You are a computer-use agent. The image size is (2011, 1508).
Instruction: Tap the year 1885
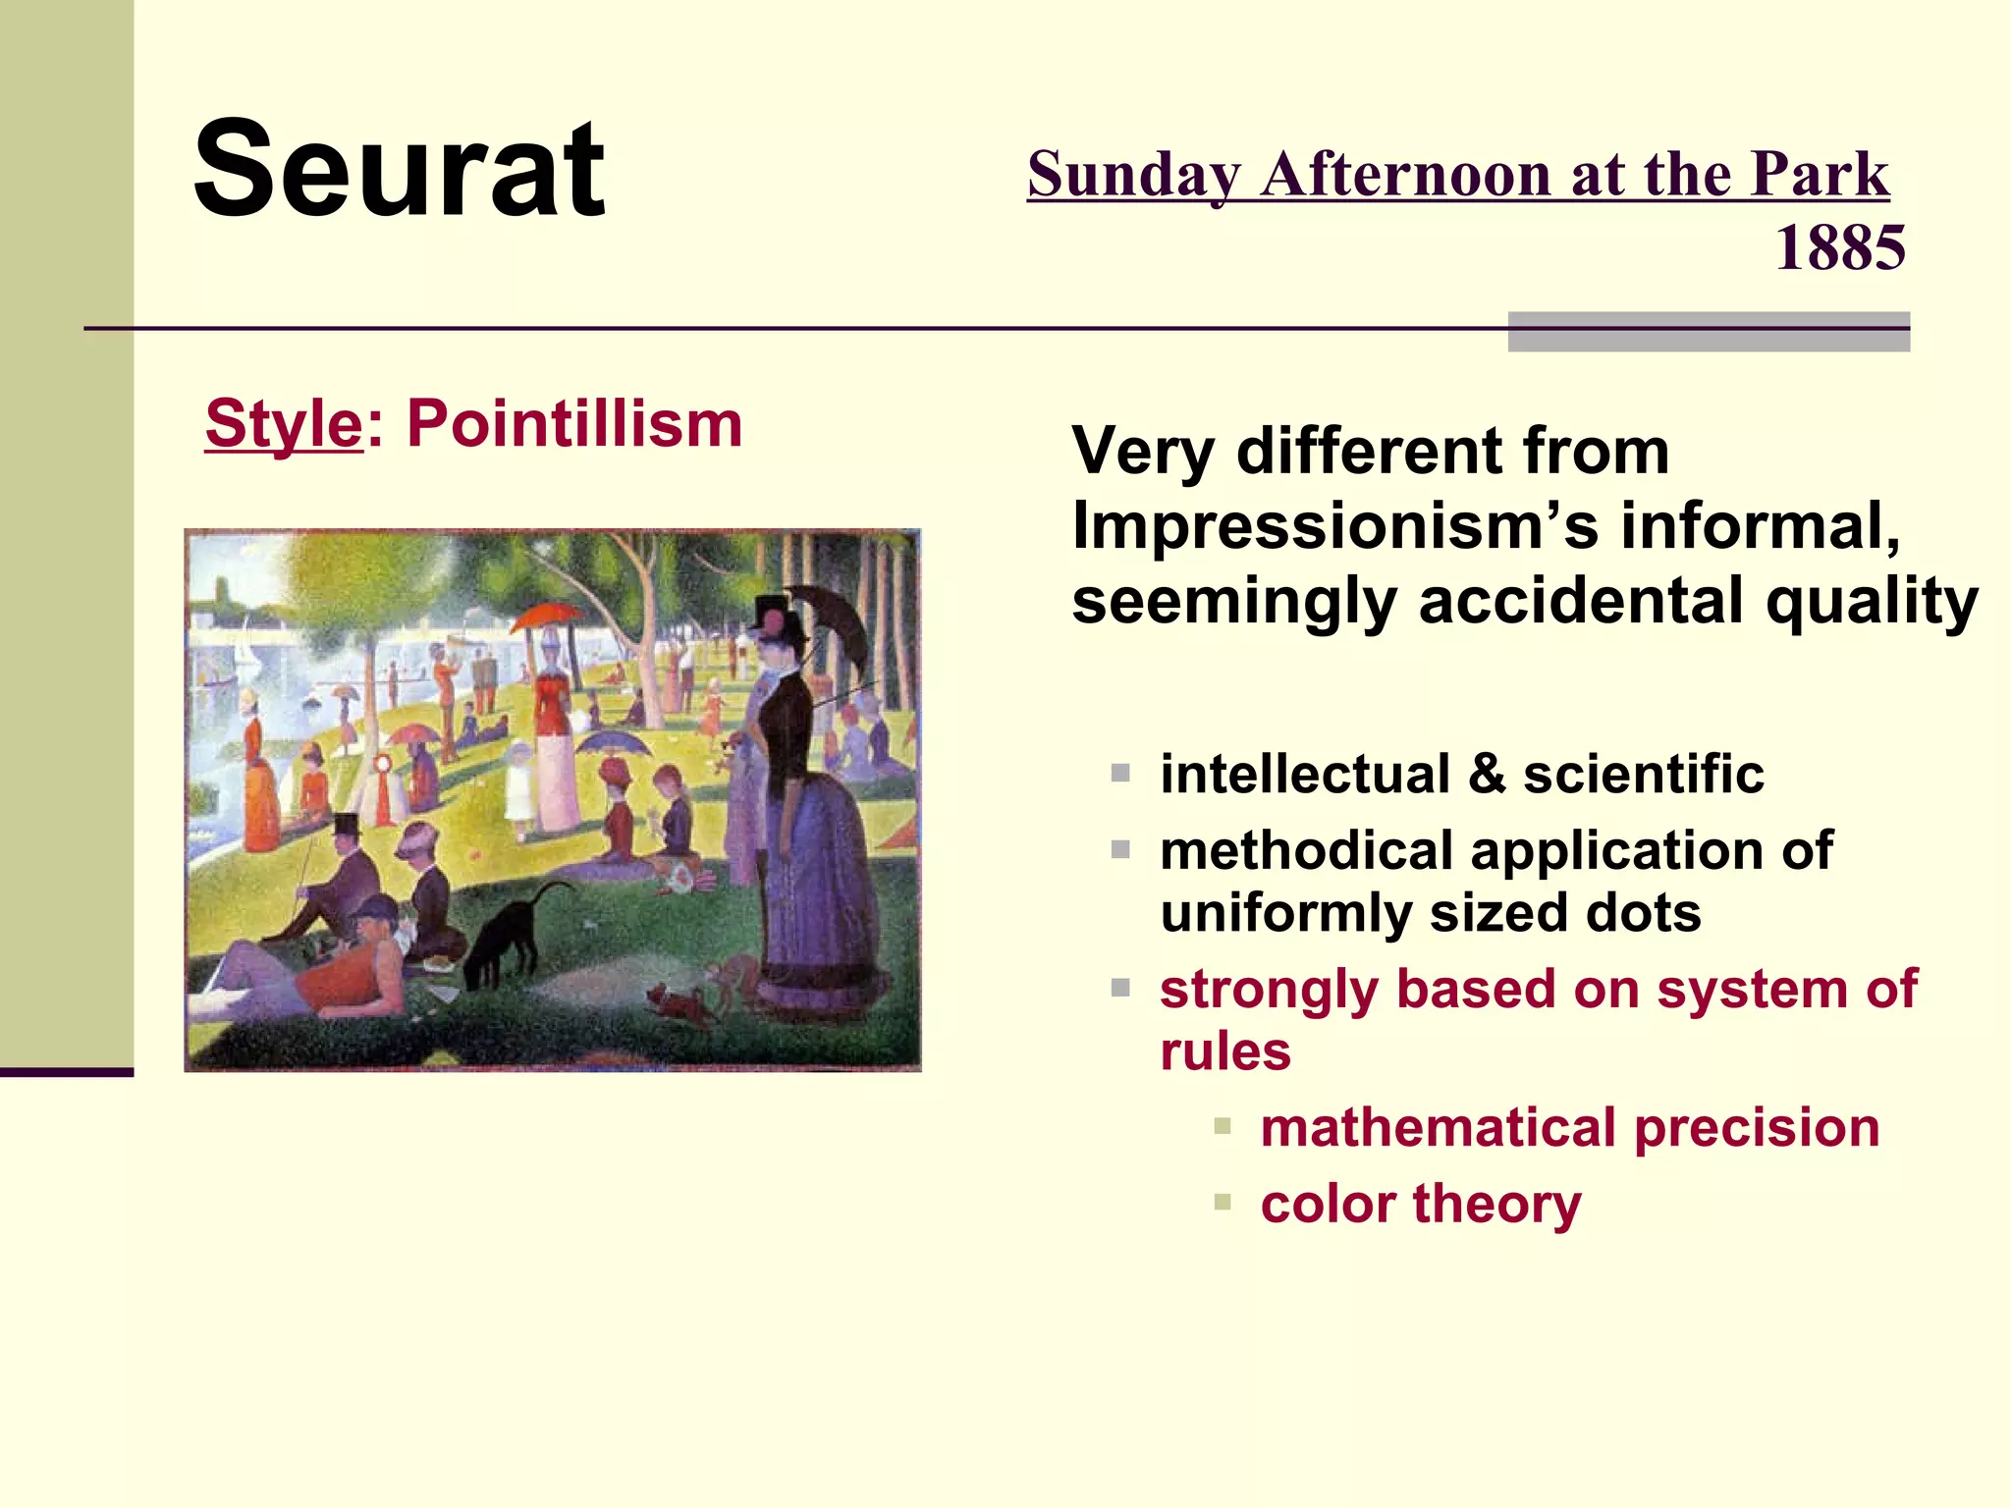point(1839,247)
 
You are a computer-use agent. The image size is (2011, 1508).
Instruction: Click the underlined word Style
point(284,424)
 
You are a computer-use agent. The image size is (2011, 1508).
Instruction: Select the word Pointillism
point(574,424)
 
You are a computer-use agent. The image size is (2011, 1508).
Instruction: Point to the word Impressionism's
point(1335,526)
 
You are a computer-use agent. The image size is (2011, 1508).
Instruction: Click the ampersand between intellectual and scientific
point(1487,774)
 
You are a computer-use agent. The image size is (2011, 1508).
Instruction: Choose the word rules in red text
point(1224,1051)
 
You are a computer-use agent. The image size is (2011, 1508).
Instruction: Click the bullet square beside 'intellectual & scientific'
point(1120,774)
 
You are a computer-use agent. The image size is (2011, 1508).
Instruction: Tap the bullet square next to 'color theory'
point(1222,1202)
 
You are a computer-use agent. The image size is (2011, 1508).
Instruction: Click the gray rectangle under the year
point(1709,332)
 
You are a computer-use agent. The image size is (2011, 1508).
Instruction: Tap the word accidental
point(1582,601)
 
